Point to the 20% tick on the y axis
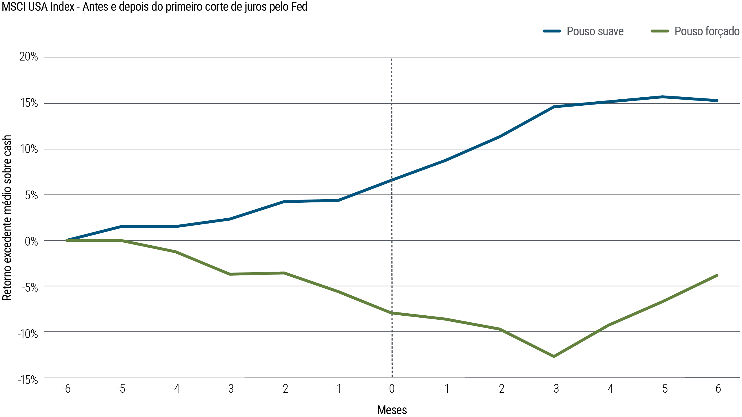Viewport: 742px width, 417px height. [x=29, y=57]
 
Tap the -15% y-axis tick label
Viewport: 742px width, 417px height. [x=28, y=380]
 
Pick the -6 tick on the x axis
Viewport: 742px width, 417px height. [x=66, y=389]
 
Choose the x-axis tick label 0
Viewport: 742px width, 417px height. [x=392, y=389]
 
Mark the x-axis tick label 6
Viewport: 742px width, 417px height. [x=718, y=389]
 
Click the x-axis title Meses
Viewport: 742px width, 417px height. [x=392, y=410]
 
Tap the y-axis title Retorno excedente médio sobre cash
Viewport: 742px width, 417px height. [x=7, y=218]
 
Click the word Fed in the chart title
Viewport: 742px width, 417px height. [x=299, y=7]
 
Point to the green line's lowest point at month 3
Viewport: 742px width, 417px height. [x=554, y=356]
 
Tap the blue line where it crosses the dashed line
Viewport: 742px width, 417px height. [x=392, y=180]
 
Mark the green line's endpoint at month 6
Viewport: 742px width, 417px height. [x=717, y=275]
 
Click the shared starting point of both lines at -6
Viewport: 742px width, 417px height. [x=67, y=240]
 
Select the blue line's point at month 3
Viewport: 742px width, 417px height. [x=554, y=107]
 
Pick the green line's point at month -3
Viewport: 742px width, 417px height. [x=230, y=274]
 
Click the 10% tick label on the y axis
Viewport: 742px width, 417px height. [x=29, y=149]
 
